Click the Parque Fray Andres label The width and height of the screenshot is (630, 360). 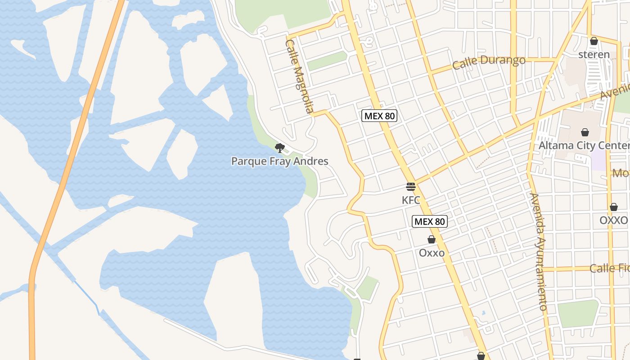click(279, 161)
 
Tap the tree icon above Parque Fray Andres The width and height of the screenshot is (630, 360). click(280, 148)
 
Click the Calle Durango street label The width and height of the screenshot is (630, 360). click(489, 62)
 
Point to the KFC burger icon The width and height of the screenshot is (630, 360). click(410, 186)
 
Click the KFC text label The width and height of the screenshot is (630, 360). click(411, 200)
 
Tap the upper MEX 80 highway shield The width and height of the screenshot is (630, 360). click(379, 116)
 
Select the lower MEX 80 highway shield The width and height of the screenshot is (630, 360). click(430, 221)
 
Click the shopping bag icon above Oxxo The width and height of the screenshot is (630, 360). click(431, 239)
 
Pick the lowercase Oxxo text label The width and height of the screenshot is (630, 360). click(432, 253)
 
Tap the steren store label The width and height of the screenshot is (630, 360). click(594, 55)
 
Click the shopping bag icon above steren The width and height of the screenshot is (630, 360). click(594, 41)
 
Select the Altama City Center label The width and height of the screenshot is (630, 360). click(584, 145)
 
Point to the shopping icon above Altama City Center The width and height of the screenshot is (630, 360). click(585, 132)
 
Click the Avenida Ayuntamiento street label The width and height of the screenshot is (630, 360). click(538, 252)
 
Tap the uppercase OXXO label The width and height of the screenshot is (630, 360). click(613, 220)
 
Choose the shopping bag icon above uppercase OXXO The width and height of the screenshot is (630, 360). click(614, 207)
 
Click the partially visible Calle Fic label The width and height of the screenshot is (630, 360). click(609, 268)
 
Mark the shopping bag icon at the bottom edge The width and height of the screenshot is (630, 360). click(481, 356)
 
